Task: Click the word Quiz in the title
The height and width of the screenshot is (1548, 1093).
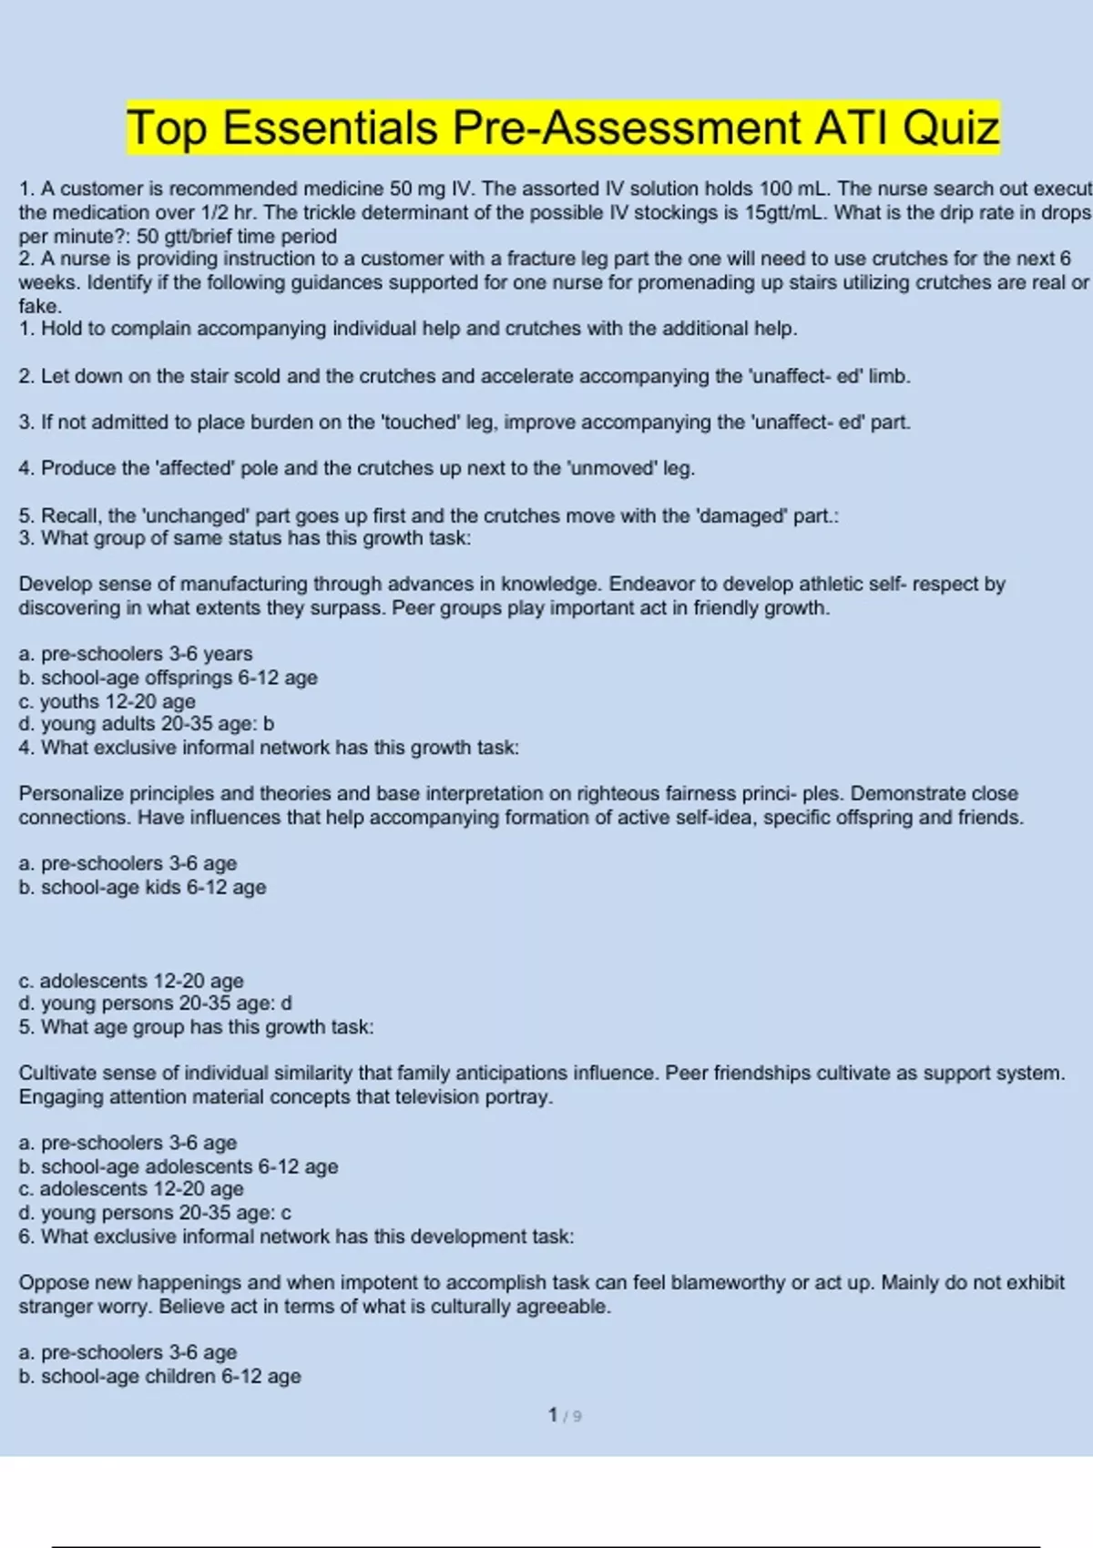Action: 951,127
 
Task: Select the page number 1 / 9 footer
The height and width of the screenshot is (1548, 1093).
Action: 565,1415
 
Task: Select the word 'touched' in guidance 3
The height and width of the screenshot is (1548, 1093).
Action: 420,422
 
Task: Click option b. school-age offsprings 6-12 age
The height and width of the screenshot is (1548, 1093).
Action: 169,677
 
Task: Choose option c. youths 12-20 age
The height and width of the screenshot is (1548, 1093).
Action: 107,701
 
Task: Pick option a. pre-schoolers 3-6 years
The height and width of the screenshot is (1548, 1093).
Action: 136,654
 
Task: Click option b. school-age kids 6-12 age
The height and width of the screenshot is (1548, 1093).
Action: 143,887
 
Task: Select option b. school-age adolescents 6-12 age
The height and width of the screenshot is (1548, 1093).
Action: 179,1166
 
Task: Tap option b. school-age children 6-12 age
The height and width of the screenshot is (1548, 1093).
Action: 160,1376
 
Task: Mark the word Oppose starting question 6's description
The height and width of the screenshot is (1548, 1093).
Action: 53,1282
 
